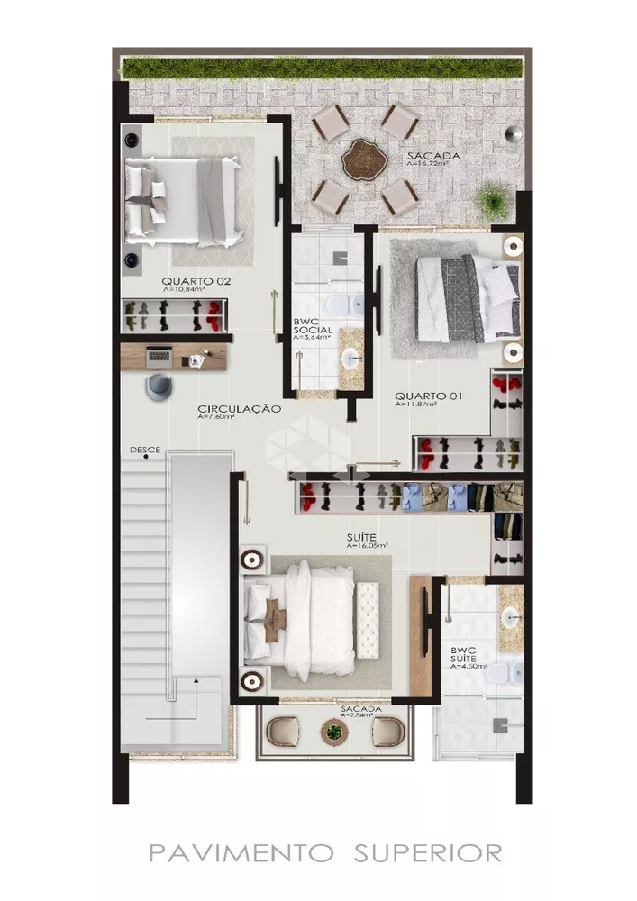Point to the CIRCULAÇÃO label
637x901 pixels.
coord(240,409)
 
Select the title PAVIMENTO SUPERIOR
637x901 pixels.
coord(325,851)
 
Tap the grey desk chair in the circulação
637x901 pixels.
coord(159,385)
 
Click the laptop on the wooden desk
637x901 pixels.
coord(159,355)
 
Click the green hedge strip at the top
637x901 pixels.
coord(323,68)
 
